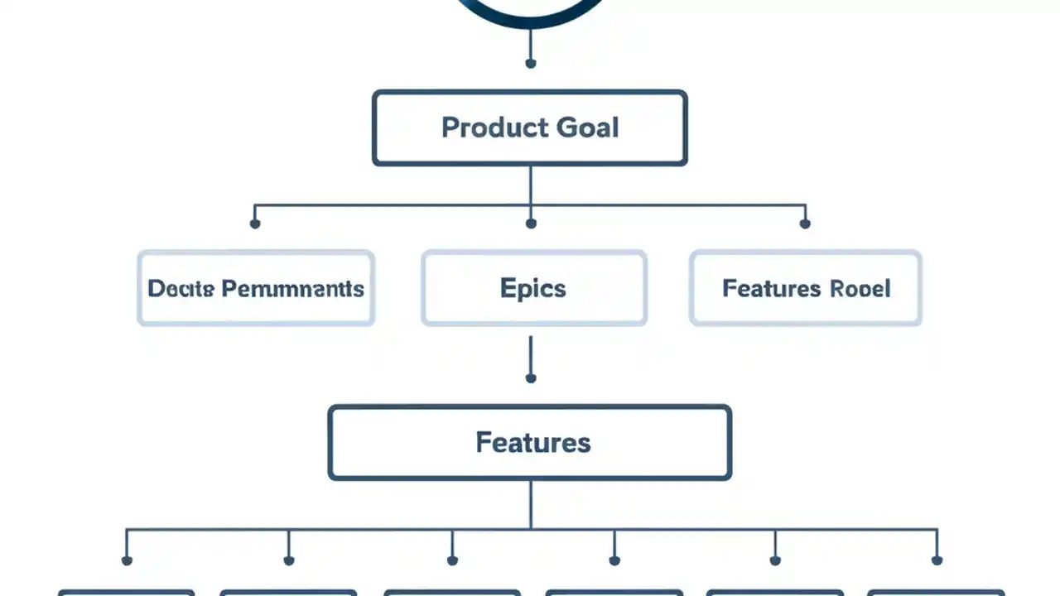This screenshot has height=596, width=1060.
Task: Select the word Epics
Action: [x=533, y=288]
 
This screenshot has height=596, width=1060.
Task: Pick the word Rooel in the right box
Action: [x=860, y=288]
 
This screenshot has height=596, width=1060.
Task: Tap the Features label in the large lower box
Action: [x=533, y=442]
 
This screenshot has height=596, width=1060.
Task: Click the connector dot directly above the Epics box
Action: [x=531, y=223]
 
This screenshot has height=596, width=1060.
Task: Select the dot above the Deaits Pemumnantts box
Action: [x=255, y=223]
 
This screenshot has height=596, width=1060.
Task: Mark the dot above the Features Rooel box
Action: [x=805, y=223]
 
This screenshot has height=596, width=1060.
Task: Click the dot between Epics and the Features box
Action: [x=531, y=378]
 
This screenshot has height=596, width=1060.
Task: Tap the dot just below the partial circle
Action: [x=531, y=63]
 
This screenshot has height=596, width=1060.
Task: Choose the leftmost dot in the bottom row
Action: [x=127, y=560]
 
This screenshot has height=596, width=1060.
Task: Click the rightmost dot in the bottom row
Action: [x=937, y=560]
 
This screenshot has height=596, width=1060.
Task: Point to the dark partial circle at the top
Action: [x=530, y=17]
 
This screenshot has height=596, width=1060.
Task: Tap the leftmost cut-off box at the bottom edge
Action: [x=127, y=592]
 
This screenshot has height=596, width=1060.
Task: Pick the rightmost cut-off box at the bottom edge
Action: [x=936, y=592]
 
